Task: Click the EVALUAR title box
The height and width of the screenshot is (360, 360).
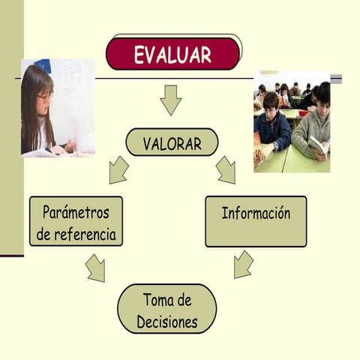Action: [172, 54]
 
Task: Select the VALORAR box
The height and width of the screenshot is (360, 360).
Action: [172, 142]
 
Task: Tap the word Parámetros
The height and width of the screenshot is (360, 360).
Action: [76, 212]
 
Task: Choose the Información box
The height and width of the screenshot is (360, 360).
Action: [256, 221]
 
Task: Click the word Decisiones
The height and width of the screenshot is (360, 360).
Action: [167, 322]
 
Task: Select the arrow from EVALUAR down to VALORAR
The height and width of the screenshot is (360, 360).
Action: [171, 100]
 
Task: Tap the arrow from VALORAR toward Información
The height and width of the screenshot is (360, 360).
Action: [226, 170]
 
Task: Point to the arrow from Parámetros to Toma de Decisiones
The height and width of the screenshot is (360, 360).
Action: [95, 268]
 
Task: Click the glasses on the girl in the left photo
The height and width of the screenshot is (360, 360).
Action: [45, 97]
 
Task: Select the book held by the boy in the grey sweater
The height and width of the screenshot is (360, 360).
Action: [318, 145]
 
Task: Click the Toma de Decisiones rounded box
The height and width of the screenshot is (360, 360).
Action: [167, 309]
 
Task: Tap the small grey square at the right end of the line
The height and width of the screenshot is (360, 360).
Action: [336, 78]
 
